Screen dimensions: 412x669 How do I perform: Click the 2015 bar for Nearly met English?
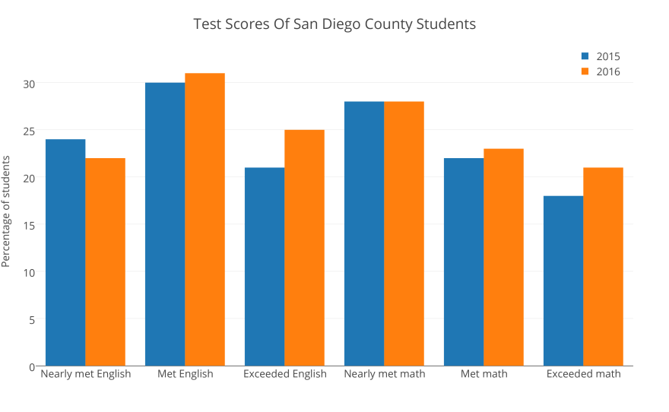65,252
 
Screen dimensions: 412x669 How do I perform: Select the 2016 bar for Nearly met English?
105,261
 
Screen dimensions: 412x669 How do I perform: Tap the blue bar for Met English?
165,224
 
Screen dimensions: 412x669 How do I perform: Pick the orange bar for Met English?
205,220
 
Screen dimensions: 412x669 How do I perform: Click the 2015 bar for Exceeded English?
265,267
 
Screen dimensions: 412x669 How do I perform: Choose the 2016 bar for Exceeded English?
304,248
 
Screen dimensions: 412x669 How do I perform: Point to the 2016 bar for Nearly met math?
404,233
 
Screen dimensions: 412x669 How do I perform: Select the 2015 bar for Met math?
464,261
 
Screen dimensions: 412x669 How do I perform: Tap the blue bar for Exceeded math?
563,280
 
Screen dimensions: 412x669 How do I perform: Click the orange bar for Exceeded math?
603,267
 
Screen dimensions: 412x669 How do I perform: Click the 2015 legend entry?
601,56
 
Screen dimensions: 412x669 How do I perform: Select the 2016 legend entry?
601,72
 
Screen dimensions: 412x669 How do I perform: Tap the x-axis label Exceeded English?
284,374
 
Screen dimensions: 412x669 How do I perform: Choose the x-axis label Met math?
484,374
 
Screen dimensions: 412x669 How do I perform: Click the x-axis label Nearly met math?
384,374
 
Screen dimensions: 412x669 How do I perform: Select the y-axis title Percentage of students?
6,211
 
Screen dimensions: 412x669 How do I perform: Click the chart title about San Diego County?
334,24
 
